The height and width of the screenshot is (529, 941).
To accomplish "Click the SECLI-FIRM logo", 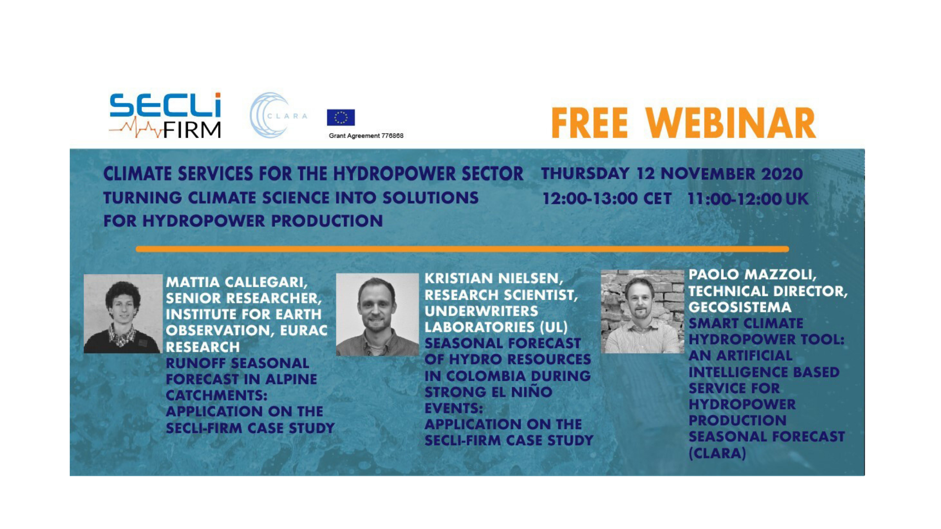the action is tap(165, 115).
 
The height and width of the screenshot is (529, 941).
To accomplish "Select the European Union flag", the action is tap(341, 118).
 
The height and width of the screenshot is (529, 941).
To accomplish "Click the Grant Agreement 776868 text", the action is tap(366, 136).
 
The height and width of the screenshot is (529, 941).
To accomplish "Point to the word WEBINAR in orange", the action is tap(731, 123).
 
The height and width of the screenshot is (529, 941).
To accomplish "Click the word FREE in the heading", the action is tap(589, 123).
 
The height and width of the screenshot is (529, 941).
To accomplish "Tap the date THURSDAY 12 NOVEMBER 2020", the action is tap(672, 174).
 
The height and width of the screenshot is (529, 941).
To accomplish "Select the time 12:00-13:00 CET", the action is tap(607, 199).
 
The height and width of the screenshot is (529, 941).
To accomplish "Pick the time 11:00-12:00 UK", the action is tap(748, 199).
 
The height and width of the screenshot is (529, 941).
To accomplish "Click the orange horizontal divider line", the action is tap(462, 249).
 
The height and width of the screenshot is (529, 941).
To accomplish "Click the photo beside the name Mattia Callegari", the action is tap(123, 314).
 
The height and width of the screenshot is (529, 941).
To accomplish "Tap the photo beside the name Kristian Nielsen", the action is tap(377, 314).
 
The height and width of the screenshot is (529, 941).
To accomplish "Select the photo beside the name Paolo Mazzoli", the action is tap(642, 312).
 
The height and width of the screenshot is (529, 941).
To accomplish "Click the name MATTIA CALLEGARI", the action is tap(237, 282).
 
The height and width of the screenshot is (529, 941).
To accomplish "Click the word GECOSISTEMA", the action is tap(740, 307).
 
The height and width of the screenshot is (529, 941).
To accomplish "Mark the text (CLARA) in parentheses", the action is tap(718, 453).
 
